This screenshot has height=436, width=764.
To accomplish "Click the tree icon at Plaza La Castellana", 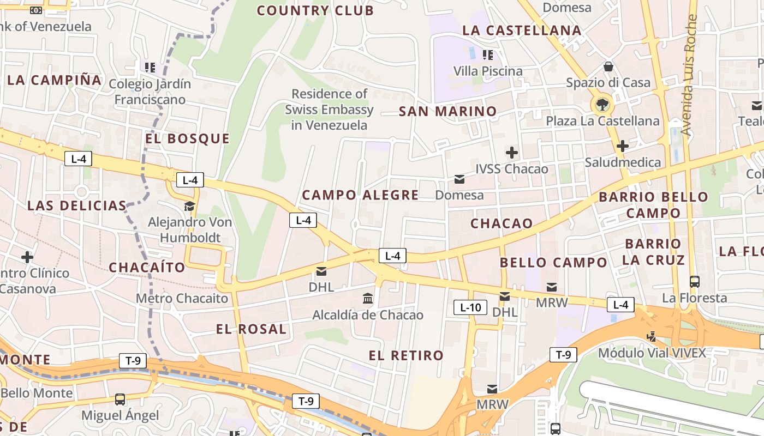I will click(602, 104).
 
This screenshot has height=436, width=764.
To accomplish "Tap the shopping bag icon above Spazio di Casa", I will click(608, 66).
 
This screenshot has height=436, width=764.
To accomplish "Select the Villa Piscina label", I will click(488, 71).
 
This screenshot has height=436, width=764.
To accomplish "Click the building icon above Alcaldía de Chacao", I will click(368, 299).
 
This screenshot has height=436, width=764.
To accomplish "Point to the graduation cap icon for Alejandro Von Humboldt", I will click(189, 206).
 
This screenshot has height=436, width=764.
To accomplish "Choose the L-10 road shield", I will click(470, 307).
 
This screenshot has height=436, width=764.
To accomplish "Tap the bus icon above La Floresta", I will click(695, 281).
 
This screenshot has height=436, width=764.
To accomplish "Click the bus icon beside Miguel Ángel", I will click(120, 399).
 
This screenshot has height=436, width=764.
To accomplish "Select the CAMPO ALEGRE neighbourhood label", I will click(360, 195).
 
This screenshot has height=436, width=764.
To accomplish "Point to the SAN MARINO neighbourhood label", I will click(448, 112).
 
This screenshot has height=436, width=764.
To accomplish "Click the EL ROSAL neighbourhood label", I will click(251, 329).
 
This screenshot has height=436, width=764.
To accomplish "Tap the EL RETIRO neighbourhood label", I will click(406, 356).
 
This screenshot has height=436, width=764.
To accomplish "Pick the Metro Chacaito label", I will click(182, 298).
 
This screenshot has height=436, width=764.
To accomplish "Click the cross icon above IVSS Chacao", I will click(512, 153).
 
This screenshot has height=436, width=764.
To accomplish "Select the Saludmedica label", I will click(622, 162).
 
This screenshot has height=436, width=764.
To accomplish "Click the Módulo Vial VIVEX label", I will click(652, 353).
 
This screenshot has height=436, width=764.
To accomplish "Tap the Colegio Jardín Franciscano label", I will click(150, 92).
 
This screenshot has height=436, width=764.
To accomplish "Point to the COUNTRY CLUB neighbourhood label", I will click(315, 10).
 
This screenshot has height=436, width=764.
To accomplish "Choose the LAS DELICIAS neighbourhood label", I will click(77, 205).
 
